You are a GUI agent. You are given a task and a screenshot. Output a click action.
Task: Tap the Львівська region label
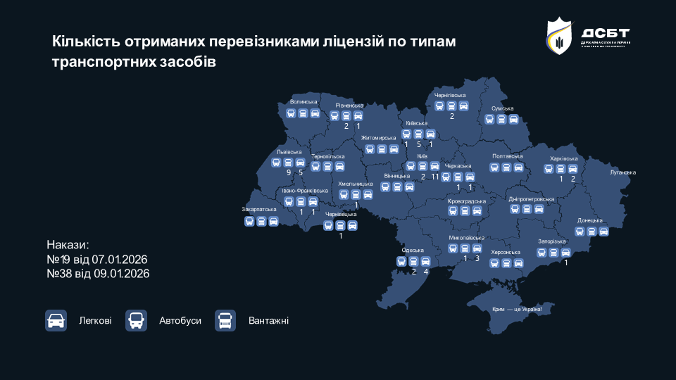(289, 151)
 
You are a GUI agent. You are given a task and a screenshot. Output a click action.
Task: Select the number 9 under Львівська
(289, 172)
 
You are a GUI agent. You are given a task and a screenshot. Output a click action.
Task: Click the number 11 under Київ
(435, 177)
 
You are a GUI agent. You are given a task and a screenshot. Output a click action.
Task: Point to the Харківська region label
(563, 158)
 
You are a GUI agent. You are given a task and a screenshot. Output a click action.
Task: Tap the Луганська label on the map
(622, 172)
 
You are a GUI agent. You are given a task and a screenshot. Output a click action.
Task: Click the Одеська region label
(413, 251)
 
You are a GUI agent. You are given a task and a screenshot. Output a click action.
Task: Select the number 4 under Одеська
(425, 272)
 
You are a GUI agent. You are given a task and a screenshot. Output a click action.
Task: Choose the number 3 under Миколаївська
(477, 258)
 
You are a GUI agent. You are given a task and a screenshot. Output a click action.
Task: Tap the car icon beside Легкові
(56, 321)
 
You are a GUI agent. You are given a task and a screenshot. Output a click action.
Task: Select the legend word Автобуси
(180, 321)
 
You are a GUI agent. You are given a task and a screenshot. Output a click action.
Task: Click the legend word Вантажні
(268, 321)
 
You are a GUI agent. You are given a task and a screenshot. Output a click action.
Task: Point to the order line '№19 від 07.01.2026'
(97, 259)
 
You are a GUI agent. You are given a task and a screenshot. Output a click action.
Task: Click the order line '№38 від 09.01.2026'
(98, 272)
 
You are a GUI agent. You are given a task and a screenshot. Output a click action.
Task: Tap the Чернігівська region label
(451, 95)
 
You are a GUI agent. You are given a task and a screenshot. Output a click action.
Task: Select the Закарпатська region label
(260, 209)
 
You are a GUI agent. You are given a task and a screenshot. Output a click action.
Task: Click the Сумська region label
(503, 108)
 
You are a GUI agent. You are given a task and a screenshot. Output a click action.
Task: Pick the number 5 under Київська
(419, 144)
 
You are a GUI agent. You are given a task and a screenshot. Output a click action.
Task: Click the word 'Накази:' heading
(68, 246)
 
